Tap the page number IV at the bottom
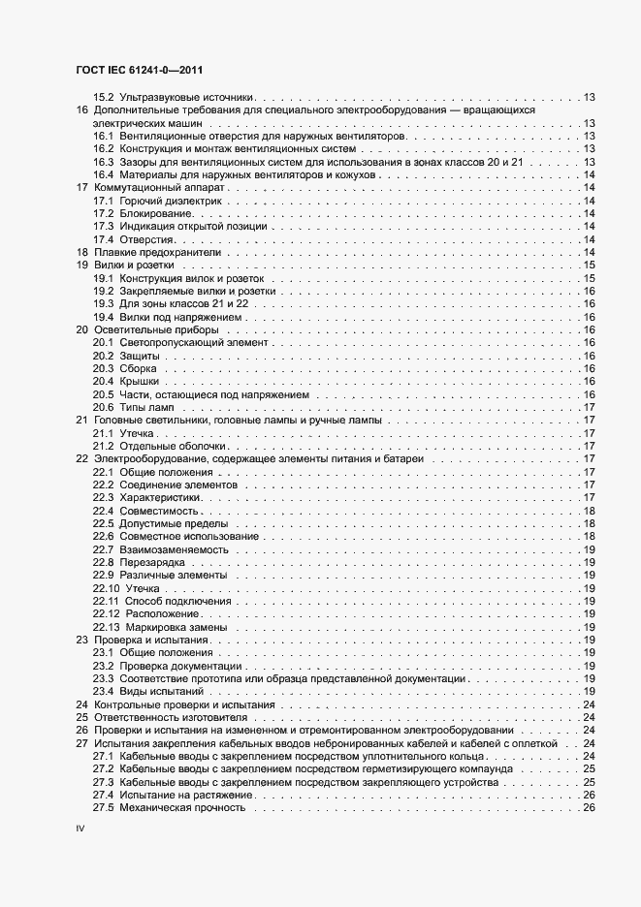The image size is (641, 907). tap(81, 830)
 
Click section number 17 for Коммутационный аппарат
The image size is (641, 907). tap(81, 187)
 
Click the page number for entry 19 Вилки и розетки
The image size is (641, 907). tap(588, 266)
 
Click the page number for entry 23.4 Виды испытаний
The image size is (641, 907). tap(588, 693)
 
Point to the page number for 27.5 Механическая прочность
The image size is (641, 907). tap(588, 809)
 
